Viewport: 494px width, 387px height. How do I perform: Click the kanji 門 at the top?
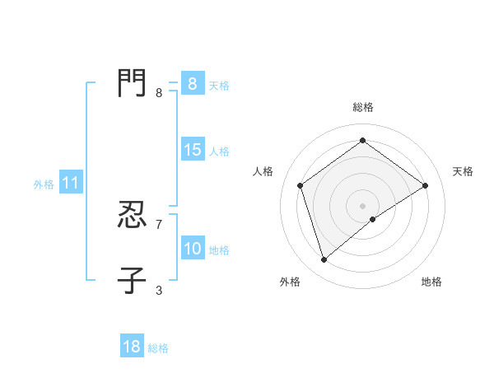[x=132, y=82]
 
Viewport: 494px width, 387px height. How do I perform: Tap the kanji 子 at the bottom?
[x=132, y=279]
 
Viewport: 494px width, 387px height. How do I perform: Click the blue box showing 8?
[x=192, y=84]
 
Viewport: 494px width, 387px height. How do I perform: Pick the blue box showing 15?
[x=192, y=150]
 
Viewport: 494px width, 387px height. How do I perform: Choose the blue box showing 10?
[x=192, y=249]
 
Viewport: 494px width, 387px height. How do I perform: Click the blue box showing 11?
[x=70, y=184]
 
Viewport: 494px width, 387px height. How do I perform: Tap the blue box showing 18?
[x=132, y=347]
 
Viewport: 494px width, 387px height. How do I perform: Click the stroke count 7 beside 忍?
[x=159, y=224]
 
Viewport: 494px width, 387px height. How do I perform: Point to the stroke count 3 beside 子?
[x=159, y=290]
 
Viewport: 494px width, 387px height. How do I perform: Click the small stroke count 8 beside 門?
[x=159, y=93]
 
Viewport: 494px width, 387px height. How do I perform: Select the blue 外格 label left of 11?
[x=44, y=184]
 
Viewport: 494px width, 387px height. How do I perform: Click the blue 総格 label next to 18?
[x=158, y=348]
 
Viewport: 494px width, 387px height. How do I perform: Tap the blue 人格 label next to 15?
[x=219, y=152]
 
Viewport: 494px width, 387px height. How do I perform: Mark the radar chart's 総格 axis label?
[x=362, y=107]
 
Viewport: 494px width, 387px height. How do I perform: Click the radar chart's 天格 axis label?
[x=463, y=171]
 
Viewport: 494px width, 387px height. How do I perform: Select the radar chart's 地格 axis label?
[x=431, y=282]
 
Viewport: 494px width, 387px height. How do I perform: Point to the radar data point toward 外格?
[x=324, y=260]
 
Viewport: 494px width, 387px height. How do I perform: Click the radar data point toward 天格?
[x=425, y=185]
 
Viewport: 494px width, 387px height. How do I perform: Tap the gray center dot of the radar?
[x=362, y=205]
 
